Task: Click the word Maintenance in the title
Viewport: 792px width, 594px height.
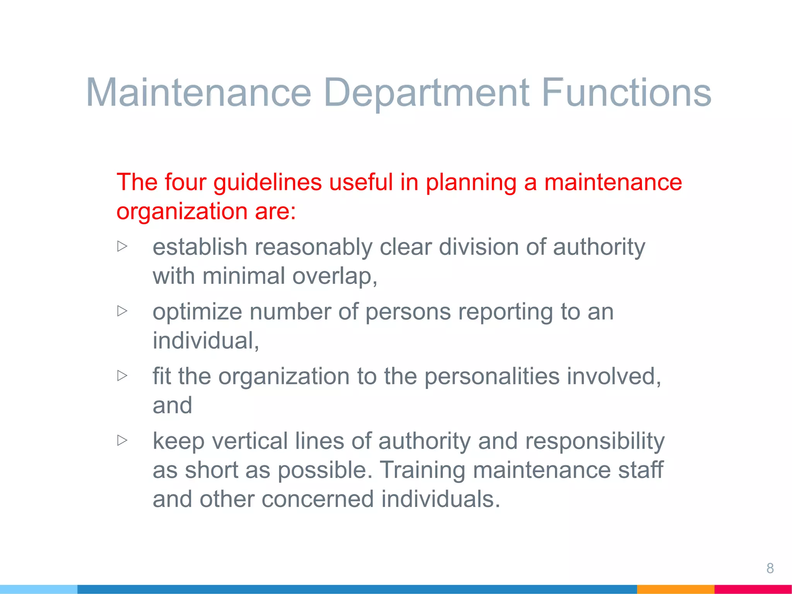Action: click(198, 92)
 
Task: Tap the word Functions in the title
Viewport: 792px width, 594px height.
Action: click(626, 92)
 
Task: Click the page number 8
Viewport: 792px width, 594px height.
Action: click(770, 568)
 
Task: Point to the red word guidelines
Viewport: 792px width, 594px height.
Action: click(268, 183)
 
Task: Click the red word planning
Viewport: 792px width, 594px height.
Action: click(471, 183)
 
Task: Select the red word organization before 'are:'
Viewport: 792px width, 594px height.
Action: click(182, 212)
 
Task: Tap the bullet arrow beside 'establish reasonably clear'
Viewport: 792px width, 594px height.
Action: click(122, 246)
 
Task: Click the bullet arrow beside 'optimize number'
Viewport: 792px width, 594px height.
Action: click(122, 311)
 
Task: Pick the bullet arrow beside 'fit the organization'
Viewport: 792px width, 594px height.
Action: click(122, 375)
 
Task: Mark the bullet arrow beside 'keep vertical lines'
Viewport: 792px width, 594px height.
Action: click(122, 440)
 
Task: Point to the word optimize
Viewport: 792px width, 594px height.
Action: click(197, 312)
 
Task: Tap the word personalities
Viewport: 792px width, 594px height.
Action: click(492, 377)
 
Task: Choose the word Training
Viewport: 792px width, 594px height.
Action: click(422, 471)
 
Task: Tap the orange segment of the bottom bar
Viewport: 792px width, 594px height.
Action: click(675, 589)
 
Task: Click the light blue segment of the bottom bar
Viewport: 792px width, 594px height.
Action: click(39, 589)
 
